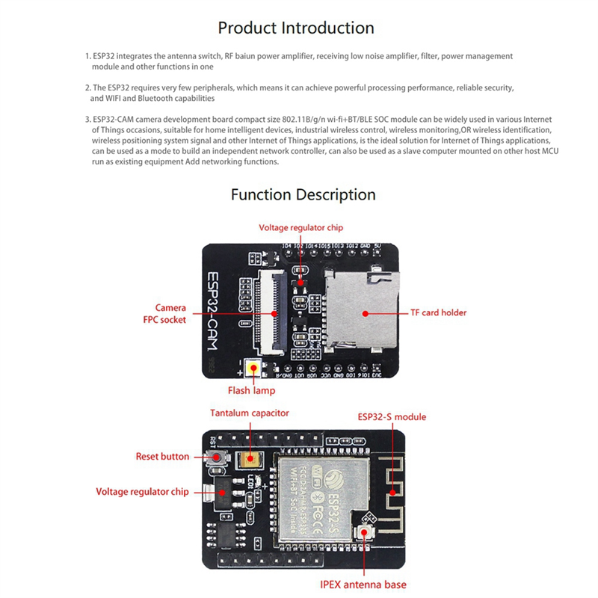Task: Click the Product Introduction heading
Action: (296, 28)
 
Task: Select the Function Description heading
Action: (303, 195)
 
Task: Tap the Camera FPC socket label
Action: (170, 313)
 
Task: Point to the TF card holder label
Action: (439, 313)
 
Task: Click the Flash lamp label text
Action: (251, 390)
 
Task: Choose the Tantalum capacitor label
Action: (249, 413)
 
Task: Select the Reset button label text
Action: (162, 456)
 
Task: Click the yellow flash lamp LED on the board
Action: (254, 369)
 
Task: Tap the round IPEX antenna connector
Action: (366, 532)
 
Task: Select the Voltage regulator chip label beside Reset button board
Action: (143, 492)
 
